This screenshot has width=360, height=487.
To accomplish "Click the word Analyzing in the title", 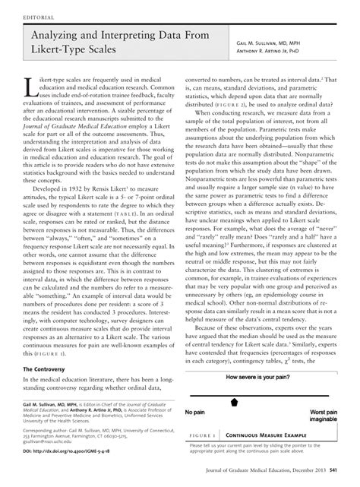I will click(x=58, y=36).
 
